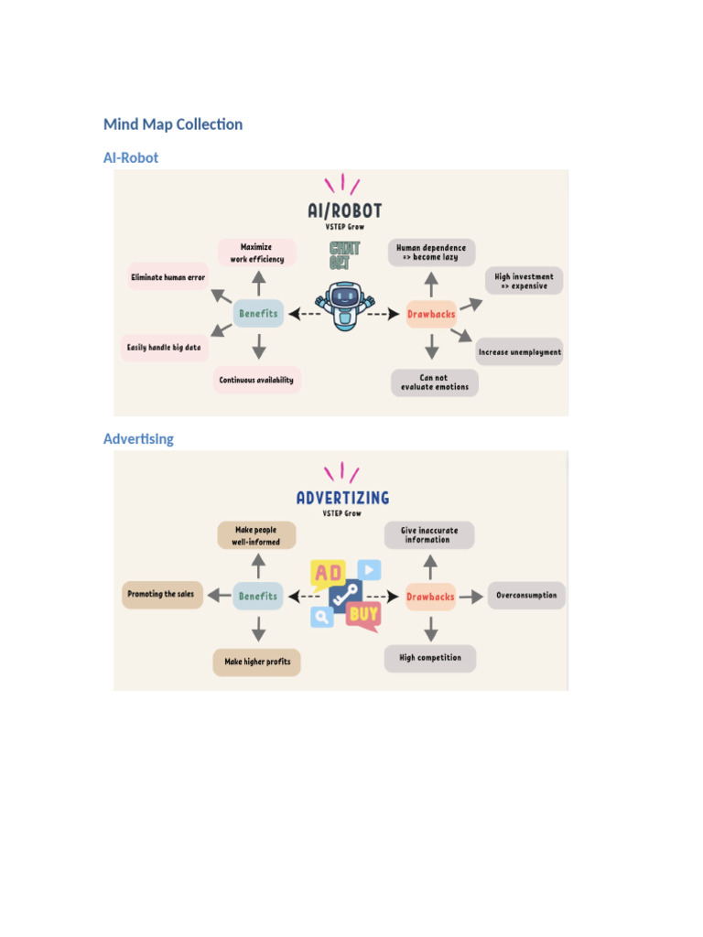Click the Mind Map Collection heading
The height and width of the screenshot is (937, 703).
click(x=173, y=124)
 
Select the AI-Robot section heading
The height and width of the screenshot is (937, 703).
click(x=131, y=157)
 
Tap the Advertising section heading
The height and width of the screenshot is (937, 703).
click(x=138, y=438)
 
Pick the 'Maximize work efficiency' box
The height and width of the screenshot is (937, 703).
click(x=257, y=253)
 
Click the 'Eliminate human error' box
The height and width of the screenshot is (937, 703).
click(x=168, y=276)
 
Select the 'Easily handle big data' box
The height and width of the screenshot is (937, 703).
click(x=164, y=348)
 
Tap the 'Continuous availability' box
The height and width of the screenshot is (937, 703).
click(x=256, y=380)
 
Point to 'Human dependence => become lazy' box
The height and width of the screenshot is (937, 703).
click(x=431, y=253)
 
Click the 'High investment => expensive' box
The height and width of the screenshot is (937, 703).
click(x=524, y=281)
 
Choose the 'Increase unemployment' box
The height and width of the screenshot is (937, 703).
click(x=520, y=351)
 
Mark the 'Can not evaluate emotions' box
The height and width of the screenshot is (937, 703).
click(x=435, y=382)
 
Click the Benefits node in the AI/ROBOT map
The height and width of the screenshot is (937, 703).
click(x=258, y=314)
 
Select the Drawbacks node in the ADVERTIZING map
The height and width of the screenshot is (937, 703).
click(x=430, y=597)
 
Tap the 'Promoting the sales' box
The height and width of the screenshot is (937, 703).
click(x=161, y=595)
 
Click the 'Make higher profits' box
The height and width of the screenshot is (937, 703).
click(x=257, y=662)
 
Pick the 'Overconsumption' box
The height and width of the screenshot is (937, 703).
click(x=526, y=596)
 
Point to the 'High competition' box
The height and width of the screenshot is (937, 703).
click(x=430, y=658)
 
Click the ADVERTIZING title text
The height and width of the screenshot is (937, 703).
click(x=342, y=498)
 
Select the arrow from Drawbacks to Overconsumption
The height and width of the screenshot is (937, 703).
click(x=471, y=597)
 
